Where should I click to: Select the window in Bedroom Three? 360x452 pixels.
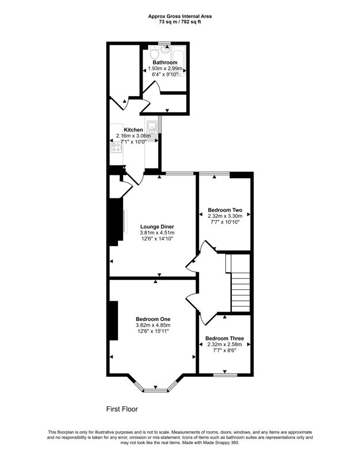point(224,375)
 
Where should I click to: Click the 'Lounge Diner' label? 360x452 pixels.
point(157,227)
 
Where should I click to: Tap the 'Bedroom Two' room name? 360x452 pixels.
point(225,210)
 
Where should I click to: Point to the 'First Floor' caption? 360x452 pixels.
point(122,409)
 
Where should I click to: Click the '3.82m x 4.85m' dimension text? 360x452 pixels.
point(153,325)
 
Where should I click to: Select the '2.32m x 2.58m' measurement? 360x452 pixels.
point(225,344)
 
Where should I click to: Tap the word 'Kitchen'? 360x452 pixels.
point(133,130)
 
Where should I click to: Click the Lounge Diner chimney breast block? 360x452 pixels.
point(116,222)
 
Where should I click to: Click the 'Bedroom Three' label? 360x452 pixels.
point(225,338)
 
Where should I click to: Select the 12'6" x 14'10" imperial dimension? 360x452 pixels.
point(157,239)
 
